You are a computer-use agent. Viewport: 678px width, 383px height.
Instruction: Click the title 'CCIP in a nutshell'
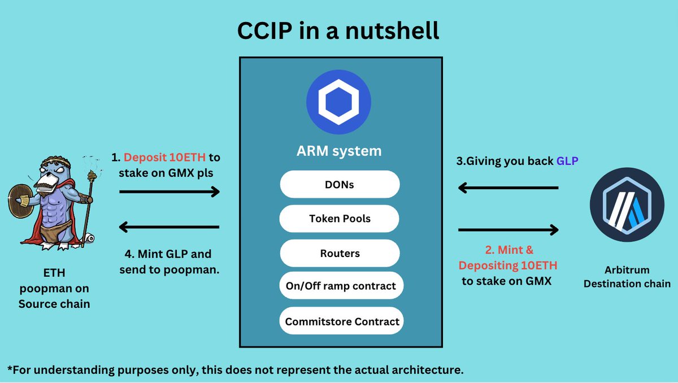click(338, 31)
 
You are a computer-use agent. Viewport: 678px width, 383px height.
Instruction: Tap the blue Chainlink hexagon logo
click(338, 102)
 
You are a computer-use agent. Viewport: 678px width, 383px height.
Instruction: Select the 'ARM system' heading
click(340, 151)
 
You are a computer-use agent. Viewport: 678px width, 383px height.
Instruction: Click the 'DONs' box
click(340, 185)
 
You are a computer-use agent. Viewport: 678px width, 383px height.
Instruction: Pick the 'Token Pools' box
click(340, 219)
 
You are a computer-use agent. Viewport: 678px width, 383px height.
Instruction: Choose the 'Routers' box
click(340, 254)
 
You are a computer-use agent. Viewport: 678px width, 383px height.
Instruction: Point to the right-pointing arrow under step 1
click(169, 192)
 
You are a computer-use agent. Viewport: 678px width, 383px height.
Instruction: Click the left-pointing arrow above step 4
click(169, 227)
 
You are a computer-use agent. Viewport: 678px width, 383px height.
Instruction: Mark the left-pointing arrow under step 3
click(508, 188)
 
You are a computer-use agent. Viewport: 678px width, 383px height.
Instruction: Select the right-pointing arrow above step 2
click(508, 230)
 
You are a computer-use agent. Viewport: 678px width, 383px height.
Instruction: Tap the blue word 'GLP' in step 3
click(568, 160)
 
